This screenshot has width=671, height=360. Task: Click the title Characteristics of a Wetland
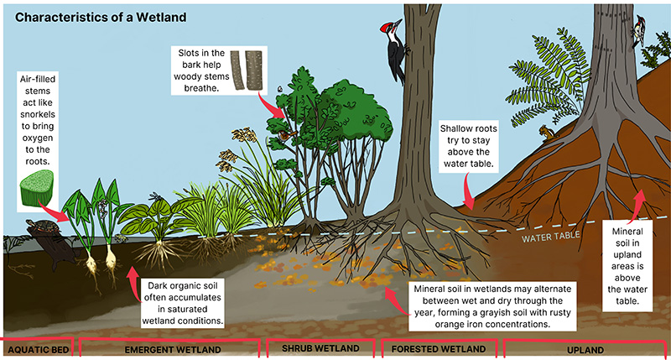(x=101, y=16)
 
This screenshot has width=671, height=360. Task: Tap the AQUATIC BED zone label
(x=34, y=347)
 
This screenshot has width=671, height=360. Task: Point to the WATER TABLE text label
(x=551, y=237)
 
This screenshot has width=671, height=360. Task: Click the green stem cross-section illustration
(x=35, y=187)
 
